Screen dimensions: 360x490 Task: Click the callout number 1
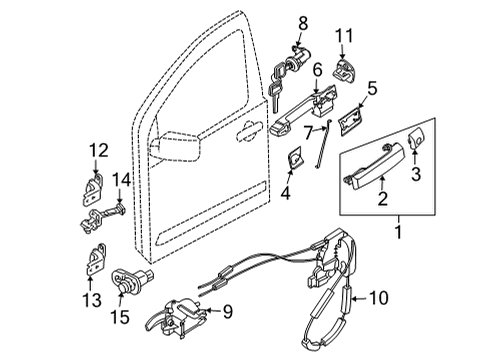pyautogui.click(x=401, y=235)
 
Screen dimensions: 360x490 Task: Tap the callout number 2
pyautogui.click(x=381, y=198)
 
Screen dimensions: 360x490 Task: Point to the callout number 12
pyautogui.click(x=99, y=150)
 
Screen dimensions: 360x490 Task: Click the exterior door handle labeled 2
pyautogui.click(x=372, y=163)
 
